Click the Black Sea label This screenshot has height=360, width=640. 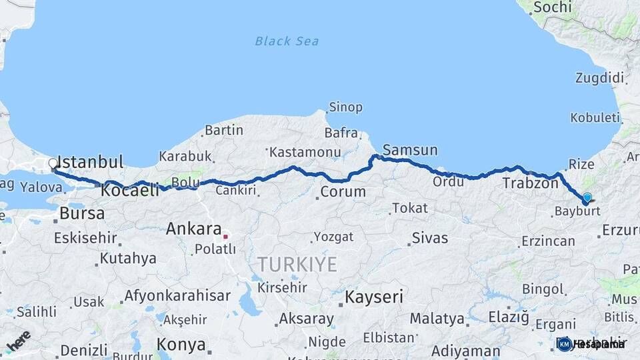[x=287, y=41]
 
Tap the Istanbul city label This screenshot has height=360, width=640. [x=91, y=162]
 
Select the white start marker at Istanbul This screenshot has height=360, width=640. [x=53, y=163]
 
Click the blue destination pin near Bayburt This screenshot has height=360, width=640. [x=587, y=197]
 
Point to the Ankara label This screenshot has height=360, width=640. [x=193, y=229]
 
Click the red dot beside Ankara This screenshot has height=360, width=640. [x=226, y=235]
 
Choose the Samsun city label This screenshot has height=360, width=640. [x=410, y=149]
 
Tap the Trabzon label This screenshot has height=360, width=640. [x=530, y=183]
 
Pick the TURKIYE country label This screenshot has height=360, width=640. [x=298, y=264]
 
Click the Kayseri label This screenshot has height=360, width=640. [x=374, y=297]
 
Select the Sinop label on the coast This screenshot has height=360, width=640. [x=345, y=107]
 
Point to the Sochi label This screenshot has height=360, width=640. [x=553, y=7]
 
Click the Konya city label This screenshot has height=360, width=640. [x=181, y=345]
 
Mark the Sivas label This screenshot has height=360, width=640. [x=429, y=238]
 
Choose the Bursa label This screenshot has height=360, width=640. [x=82, y=214]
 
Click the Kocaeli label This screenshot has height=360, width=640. [x=130, y=191]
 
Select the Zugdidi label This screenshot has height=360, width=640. [x=600, y=78]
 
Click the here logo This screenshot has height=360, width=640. [x=18, y=340]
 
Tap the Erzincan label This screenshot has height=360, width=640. [x=549, y=241]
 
